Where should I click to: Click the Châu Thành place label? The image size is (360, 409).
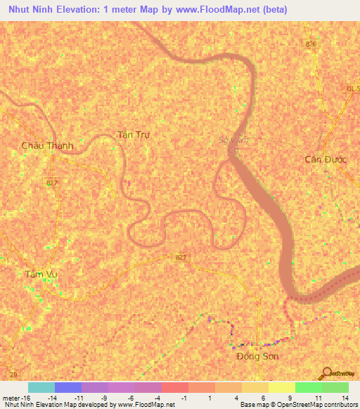click(47, 145)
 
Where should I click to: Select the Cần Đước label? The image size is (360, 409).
click(326, 159)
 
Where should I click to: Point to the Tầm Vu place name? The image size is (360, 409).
click(40, 274)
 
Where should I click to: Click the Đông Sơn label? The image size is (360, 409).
click(257, 356)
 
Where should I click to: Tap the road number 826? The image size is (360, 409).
click(311, 44)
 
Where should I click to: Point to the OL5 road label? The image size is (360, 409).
click(352, 89)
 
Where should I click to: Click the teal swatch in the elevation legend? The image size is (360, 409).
click(41, 387)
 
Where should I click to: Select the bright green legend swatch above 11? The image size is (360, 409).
click(308, 387)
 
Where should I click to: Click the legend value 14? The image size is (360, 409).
click(345, 398)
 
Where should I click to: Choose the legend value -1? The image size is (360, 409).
click(184, 398)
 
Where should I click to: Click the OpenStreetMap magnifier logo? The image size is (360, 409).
click(326, 372)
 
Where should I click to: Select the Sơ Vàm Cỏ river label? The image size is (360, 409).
click(235, 143)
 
